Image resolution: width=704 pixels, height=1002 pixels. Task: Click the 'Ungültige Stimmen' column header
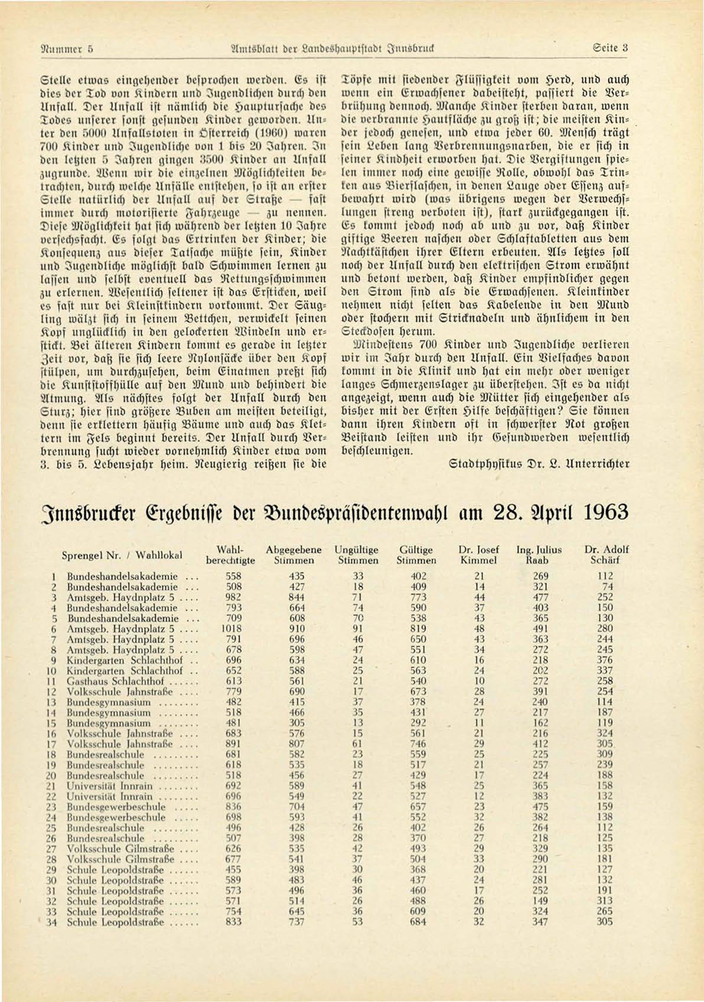[x=356, y=555]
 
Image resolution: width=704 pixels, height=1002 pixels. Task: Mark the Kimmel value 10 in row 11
[x=480, y=681]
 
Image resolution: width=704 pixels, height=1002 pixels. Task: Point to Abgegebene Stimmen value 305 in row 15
[x=296, y=723]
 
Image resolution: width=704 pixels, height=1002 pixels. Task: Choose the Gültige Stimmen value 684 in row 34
[x=418, y=922]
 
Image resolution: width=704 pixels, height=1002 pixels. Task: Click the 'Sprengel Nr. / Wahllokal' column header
[x=122, y=555]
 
